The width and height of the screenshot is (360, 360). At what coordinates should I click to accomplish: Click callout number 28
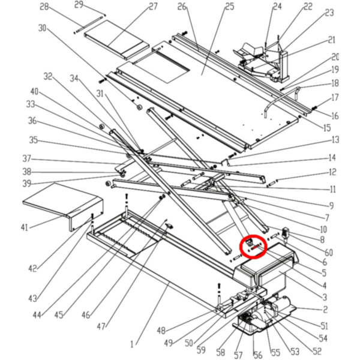point(44,7)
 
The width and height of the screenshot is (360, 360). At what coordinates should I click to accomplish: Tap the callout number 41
point(24,227)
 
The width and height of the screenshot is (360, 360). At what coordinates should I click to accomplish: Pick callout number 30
point(41,28)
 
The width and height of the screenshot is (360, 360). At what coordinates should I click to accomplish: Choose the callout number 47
point(100,326)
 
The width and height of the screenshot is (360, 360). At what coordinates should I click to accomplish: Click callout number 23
point(329,13)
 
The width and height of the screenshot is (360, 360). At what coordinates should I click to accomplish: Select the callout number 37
point(26,160)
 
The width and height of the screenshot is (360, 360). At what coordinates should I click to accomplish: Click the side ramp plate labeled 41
point(57,201)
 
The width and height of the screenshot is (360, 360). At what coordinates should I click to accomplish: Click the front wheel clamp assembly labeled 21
point(264,57)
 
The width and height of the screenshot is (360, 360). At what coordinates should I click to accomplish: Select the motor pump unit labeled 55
point(264,318)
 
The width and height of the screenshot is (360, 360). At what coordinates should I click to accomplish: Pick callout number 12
point(332,173)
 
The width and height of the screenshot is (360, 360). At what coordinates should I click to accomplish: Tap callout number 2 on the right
point(325,310)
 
